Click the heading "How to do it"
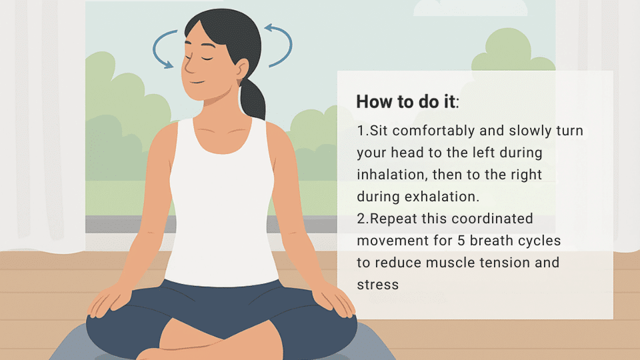coord(407,102)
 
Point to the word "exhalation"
coord(447,197)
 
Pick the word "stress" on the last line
coord(377,285)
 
